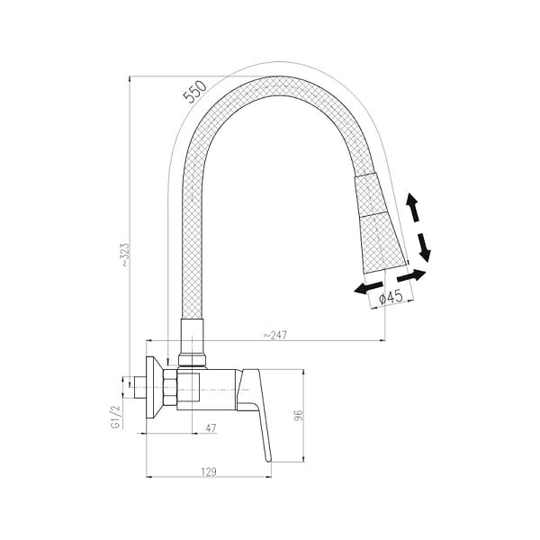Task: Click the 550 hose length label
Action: (195, 92)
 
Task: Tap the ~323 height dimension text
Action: (125, 255)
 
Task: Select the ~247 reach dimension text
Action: (274, 335)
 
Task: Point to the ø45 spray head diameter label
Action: (391, 296)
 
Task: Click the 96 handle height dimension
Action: (298, 415)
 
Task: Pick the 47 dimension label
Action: (211, 428)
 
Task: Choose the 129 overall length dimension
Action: (209, 472)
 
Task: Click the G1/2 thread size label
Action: (116, 416)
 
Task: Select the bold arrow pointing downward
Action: (424, 247)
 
